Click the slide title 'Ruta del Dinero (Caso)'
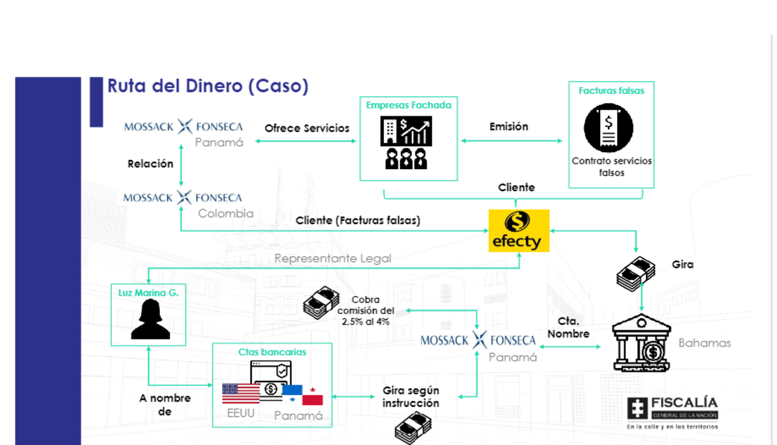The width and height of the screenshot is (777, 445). pyautogui.click(x=207, y=86)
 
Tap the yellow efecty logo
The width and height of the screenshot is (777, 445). pyautogui.click(x=518, y=231)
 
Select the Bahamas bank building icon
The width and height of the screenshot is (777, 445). pyautogui.click(x=641, y=343)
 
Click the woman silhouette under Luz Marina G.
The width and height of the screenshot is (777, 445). pyautogui.click(x=150, y=319)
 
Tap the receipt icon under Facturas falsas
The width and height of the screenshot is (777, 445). pyautogui.click(x=607, y=128)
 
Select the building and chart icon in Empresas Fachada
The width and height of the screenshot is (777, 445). pyautogui.click(x=408, y=143)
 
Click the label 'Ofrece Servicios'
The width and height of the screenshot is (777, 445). pyautogui.click(x=307, y=128)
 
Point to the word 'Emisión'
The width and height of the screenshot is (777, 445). pyautogui.click(x=508, y=127)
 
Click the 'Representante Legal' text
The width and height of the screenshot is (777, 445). pyautogui.click(x=333, y=258)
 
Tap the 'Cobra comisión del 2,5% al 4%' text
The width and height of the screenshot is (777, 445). pyautogui.click(x=374, y=310)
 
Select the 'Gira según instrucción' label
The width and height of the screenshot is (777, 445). pyautogui.click(x=411, y=396)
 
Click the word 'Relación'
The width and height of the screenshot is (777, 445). pyautogui.click(x=150, y=164)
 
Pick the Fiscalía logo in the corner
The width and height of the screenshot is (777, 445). pyautogui.click(x=672, y=412)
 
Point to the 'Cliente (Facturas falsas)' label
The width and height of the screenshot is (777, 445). pyautogui.click(x=358, y=220)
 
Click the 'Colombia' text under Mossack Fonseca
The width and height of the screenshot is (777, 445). pyautogui.click(x=225, y=213)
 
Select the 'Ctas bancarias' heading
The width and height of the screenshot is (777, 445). pyautogui.click(x=272, y=352)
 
